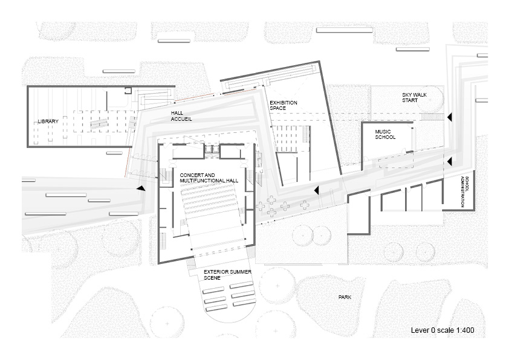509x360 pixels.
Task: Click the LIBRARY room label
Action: tap(48, 121)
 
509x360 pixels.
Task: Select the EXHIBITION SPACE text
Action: tap(284, 105)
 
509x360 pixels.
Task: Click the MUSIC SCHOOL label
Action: tap(385, 134)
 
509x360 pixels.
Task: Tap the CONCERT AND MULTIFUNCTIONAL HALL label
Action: tap(209, 178)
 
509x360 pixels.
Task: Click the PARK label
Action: tap(345, 297)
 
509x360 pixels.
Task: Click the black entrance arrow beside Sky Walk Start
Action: tap(449, 116)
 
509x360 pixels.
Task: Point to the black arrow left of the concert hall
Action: tap(141, 188)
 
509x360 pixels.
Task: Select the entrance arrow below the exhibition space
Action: tap(316, 190)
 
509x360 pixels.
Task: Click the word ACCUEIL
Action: tap(182, 120)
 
